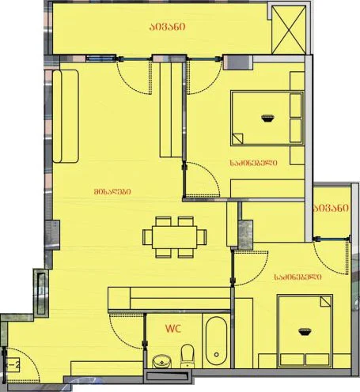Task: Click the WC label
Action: (173, 329)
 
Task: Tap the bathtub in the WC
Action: (216, 341)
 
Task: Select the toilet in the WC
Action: (188, 356)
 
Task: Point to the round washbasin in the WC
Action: (161, 361)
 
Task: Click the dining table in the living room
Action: (174, 237)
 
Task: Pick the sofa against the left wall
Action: (66, 116)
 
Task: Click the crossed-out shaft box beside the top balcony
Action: (289, 30)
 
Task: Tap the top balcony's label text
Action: (167, 27)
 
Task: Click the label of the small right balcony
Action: (331, 208)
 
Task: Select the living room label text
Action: (112, 191)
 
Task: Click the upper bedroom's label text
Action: (253, 163)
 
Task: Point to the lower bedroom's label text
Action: (297, 277)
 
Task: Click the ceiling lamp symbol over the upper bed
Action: (268, 118)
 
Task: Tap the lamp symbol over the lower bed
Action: (305, 332)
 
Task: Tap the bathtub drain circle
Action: (217, 355)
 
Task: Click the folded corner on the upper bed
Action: (237, 139)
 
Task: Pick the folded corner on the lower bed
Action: (325, 301)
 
